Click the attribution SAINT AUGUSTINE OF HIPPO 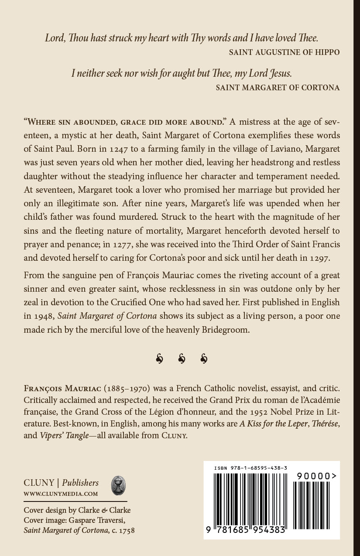click(284, 52)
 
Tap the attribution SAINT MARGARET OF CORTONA click(278, 87)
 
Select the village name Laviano click(285, 148)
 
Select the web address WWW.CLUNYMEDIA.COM click(61, 494)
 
